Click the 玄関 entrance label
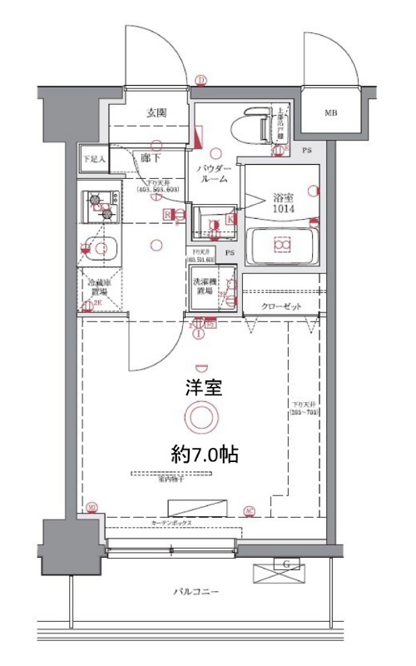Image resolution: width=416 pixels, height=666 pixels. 157,112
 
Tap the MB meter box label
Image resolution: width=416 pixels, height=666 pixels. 331,112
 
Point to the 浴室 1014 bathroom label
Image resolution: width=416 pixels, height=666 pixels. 285,204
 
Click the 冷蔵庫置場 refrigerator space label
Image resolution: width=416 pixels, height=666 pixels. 100,288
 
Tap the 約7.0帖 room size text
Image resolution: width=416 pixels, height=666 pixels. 205,455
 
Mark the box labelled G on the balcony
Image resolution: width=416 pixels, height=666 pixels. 286,571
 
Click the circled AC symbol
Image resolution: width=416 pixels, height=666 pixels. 249,510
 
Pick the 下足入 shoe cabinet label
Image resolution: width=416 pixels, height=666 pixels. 92,157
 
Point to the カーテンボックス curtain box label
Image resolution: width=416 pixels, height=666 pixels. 172,523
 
